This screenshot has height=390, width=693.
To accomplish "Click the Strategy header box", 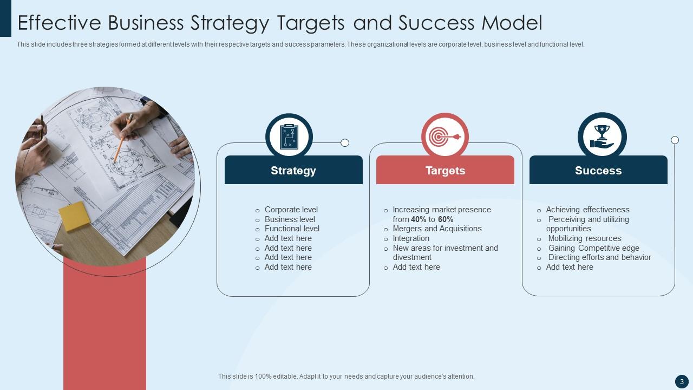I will point(293,170).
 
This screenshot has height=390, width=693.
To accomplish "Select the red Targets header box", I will point(445,170).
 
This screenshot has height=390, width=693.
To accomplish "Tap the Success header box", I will point(598,170).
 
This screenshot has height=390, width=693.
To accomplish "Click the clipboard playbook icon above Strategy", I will point(289,136).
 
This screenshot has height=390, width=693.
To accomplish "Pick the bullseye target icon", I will point(444,136).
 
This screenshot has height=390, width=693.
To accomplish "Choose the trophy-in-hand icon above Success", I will point(602,136).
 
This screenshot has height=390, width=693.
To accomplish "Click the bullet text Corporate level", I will point(291,210).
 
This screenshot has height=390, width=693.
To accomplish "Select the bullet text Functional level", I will point(292,229).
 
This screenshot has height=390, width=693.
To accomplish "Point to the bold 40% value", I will point(419,219).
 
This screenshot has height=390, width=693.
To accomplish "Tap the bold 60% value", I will point(446,219).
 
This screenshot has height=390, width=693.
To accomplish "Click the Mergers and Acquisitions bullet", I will point(437,229).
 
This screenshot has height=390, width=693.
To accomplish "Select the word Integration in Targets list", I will point(411,238).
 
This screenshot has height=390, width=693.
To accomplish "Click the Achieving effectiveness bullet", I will point(587,210).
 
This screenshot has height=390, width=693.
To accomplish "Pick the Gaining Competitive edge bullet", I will point(593,248).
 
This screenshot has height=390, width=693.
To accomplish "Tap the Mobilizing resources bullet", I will point(584,238).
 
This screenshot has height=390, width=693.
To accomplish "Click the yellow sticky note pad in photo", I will point(74,216).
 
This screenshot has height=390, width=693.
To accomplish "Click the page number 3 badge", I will point(682,381).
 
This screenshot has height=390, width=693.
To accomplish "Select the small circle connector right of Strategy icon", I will point(345,143).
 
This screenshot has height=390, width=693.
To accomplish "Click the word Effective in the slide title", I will point(60,23).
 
